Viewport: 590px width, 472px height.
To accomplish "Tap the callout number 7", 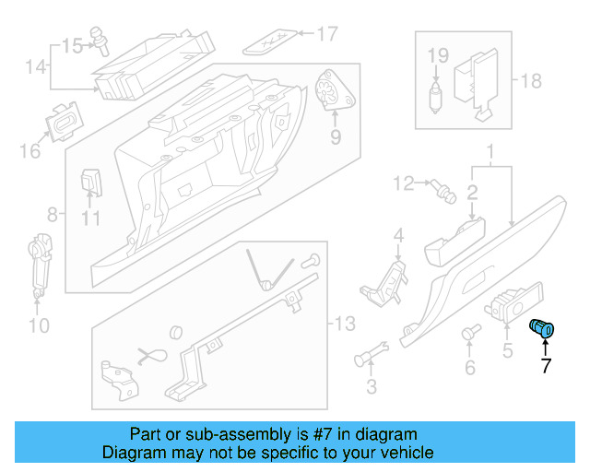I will click(x=545, y=365).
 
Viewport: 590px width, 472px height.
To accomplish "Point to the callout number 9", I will click(x=336, y=137).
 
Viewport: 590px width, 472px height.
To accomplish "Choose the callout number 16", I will click(x=30, y=149).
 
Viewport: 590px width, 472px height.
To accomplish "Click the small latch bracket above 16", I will click(x=63, y=124).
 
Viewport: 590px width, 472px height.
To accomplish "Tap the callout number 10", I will click(x=38, y=324).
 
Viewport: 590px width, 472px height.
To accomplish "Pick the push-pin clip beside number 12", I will click(x=442, y=190).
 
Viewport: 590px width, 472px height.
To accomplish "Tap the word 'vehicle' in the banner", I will click(x=404, y=453).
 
